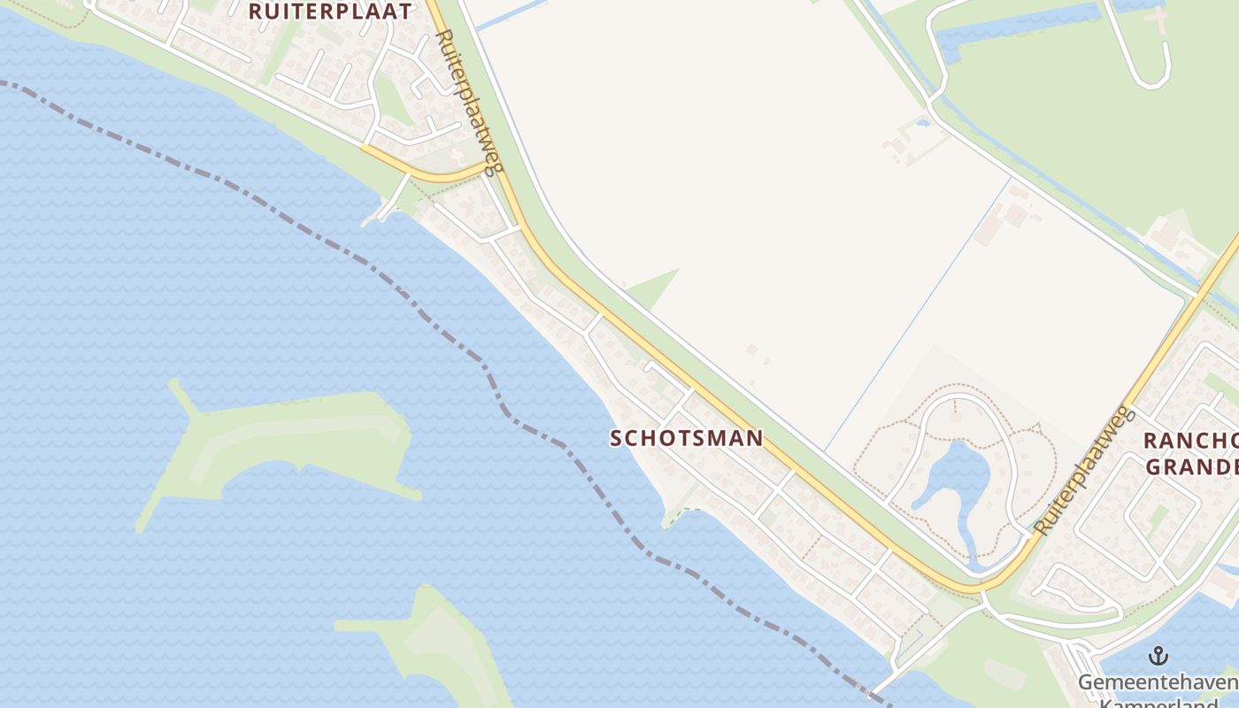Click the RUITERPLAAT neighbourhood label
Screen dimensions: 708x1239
point(330,12)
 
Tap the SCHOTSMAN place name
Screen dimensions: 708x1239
point(687,438)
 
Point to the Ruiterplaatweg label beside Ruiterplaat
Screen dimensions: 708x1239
point(470,102)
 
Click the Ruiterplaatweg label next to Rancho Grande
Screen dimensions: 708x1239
point(1083,470)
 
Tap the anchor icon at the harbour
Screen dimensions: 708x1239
point(1158,656)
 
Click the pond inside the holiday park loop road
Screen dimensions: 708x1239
point(956,478)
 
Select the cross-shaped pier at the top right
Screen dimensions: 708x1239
point(1155,15)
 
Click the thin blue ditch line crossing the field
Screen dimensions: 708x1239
point(920,310)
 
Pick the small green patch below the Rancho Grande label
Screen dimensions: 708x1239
point(1158,518)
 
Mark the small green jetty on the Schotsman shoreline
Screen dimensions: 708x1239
point(677,514)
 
